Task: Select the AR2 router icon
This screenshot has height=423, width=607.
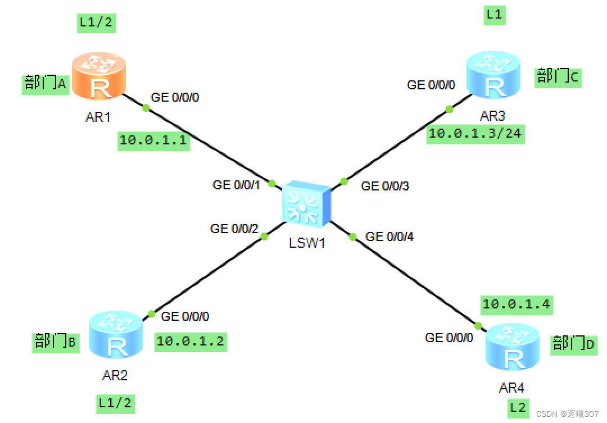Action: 116,335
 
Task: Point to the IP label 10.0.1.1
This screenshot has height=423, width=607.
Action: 153,140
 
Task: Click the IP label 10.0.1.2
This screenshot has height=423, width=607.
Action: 191,341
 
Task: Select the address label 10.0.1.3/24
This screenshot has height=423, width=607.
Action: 475,134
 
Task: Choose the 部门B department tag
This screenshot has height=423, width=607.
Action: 55,342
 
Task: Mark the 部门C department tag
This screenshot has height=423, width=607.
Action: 558,76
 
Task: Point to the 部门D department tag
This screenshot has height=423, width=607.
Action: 573,343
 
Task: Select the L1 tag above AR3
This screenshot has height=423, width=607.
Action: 494,15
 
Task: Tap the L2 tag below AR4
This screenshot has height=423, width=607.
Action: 518,408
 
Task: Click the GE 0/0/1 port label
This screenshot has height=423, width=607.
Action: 236,184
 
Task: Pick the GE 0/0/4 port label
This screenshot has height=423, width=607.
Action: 389,236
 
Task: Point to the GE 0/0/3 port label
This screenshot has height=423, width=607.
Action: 385,186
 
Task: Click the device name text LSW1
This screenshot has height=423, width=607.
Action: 307,243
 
